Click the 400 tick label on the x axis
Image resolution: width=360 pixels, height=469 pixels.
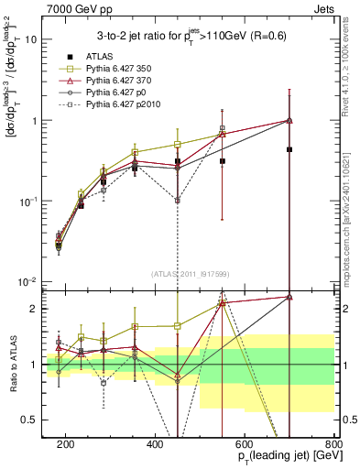(155, 442)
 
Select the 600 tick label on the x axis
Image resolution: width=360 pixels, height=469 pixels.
(245, 442)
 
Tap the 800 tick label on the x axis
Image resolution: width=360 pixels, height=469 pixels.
(333, 442)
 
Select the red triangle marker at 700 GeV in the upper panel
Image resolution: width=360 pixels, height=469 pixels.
(289, 120)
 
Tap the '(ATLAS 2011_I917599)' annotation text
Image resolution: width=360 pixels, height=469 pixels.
(191, 272)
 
